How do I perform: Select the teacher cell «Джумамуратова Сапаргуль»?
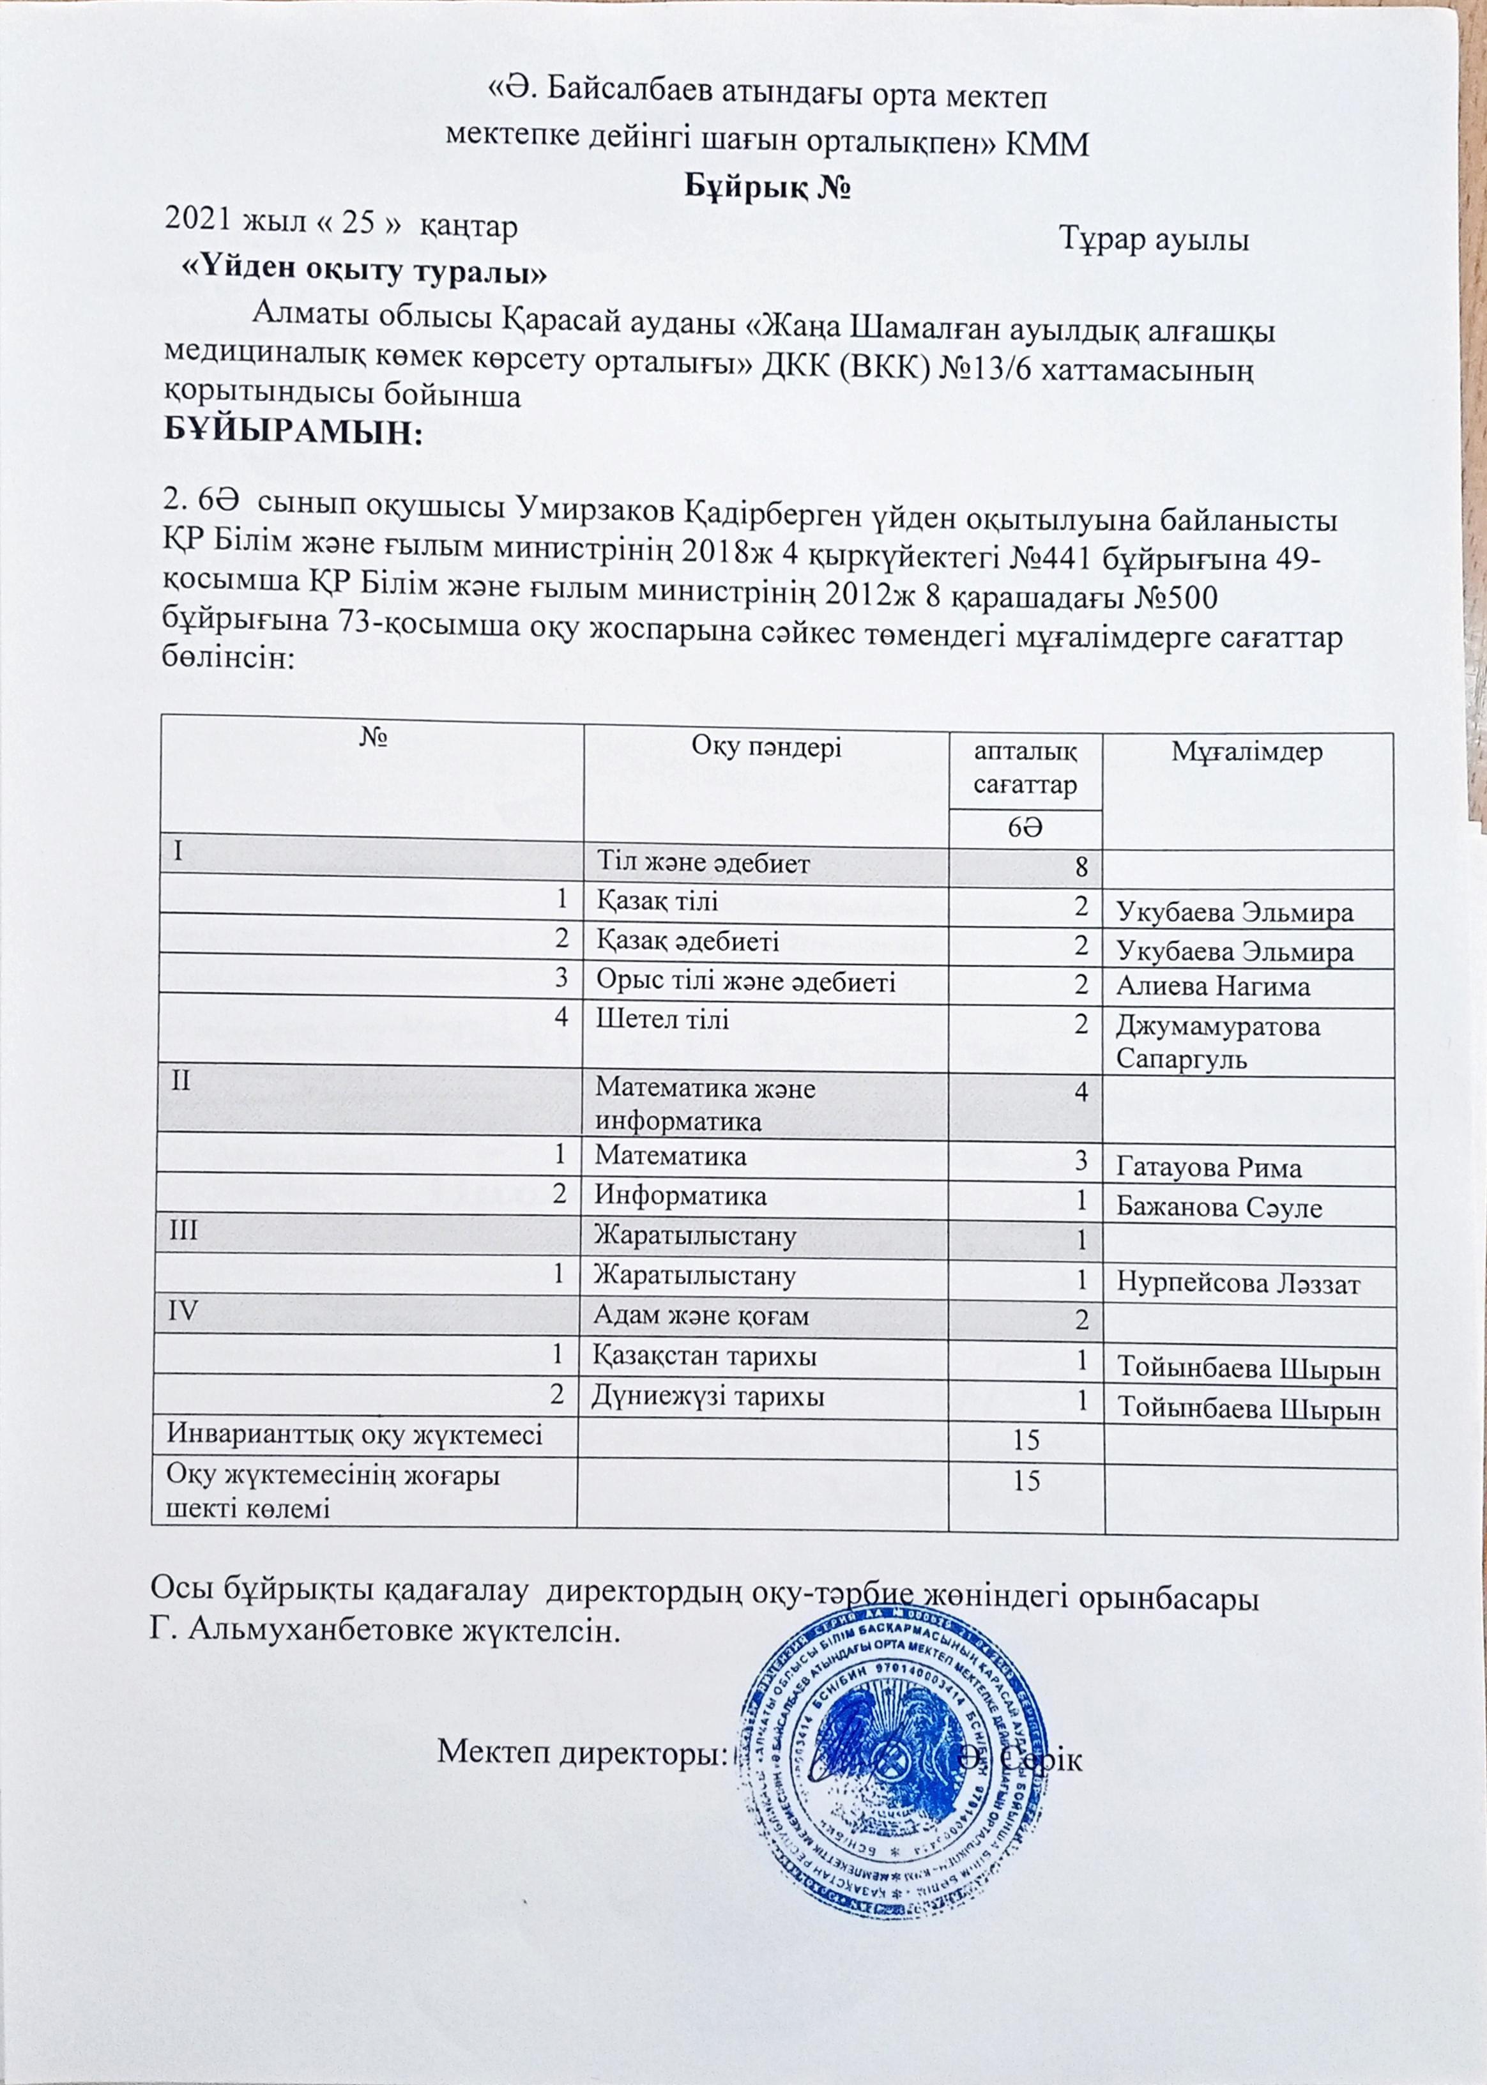[x=1218, y=1042]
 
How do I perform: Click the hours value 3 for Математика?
[x=1081, y=1160]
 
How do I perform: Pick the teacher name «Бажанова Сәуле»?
[x=1219, y=1208]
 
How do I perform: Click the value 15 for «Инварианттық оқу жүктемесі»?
[x=1026, y=1439]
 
